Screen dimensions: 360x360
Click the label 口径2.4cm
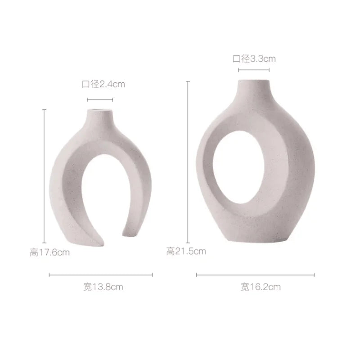click(103, 84)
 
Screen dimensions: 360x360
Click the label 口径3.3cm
click(254, 58)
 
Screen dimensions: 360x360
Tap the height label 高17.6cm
click(50, 252)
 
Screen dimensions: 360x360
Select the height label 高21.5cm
click(186, 251)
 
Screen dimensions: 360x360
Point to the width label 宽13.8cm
click(103, 287)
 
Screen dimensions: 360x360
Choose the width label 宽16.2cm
click(261, 287)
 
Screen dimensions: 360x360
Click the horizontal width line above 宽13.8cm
click(101, 275)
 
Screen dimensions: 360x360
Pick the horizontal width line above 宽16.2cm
click(256, 275)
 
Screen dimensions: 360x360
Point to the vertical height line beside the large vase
click(188, 162)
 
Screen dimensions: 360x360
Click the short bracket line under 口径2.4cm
click(100, 100)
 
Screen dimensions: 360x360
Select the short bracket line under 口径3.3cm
click(254, 70)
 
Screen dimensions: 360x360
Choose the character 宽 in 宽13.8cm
click(87, 287)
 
